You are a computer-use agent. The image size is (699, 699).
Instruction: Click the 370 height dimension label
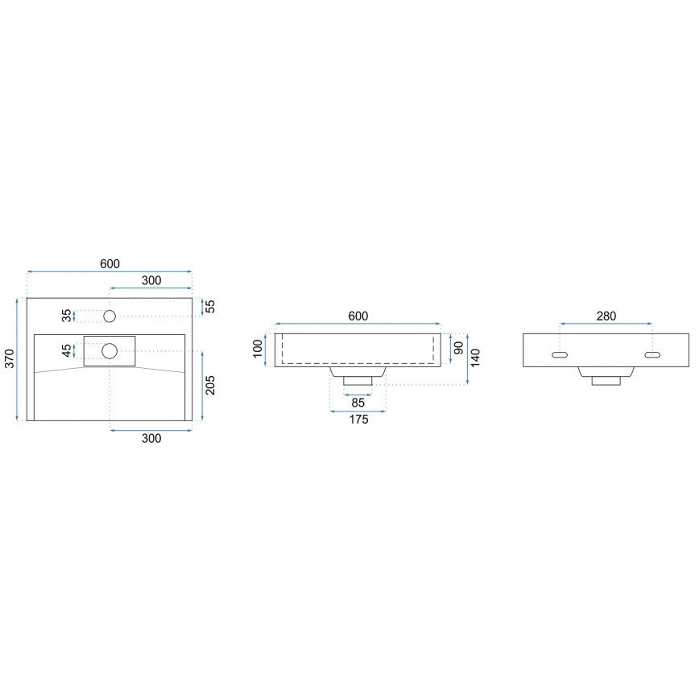pyautogui.click(x=9, y=358)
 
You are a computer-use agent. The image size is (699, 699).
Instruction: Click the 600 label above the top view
pyautogui.click(x=110, y=264)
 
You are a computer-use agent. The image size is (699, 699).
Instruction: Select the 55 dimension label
pyautogui.click(x=211, y=306)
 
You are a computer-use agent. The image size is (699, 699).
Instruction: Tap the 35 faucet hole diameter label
pyautogui.click(x=66, y=316)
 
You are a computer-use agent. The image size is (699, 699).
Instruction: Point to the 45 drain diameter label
pyautogui.click(x=66, y=350)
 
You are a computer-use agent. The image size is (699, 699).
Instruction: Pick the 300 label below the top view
pyautogui.click(x=151, y=438)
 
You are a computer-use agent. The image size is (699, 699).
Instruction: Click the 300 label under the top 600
pyautogui.click(x=151, y=280)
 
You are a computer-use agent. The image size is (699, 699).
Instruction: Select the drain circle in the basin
pyautogui.click(x=110, y=350)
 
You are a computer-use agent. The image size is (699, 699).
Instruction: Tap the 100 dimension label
pyautogui.click(x=258, y=349)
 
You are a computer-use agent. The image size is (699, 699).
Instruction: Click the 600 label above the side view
pyautogui.click(x=358, y=316)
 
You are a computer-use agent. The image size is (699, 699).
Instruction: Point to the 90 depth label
pyautogui.click(x=458, y=349)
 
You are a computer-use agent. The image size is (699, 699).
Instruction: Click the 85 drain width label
pyautogui.click(x=358, y=403)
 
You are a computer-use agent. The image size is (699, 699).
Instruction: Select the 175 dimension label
pyautogui.click(x=358, y=420)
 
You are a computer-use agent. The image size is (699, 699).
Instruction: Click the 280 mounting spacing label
pyautogui.click(x=606, y=316)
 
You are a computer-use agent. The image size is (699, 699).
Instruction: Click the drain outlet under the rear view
pyautogui.click(x=606, y=377)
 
